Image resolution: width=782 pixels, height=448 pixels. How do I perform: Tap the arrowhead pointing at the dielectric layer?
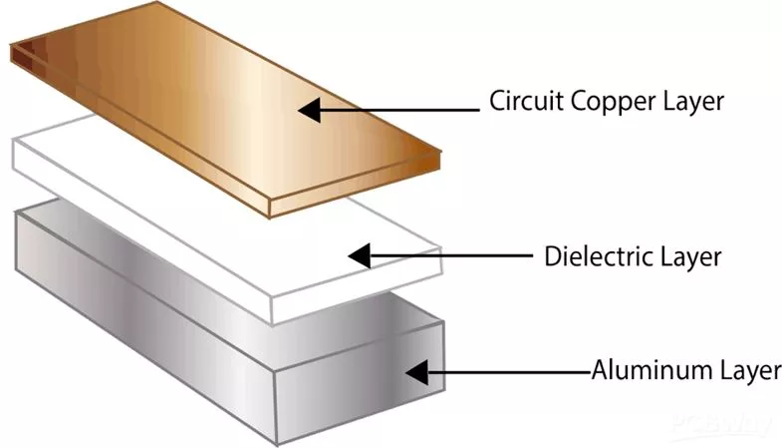click(x=358, y=256)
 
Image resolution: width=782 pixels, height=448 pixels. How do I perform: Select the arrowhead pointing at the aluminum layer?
click(x=416, y=374)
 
